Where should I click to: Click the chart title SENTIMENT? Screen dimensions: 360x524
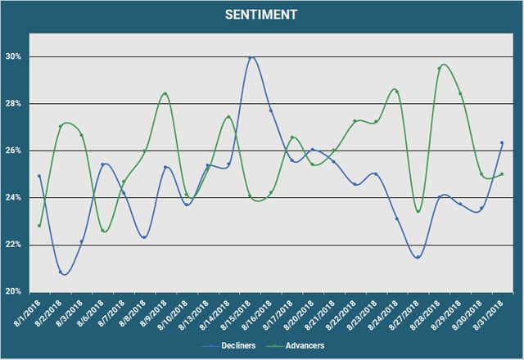(262, 15)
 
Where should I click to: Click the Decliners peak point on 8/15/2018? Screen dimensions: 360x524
(250, 58)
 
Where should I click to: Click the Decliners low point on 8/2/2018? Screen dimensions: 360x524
(61, 272)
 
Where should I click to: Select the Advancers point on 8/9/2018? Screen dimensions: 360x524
(165, 94)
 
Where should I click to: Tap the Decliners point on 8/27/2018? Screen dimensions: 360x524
(418, 257)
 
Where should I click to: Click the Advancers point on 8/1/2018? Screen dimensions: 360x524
(39, 226)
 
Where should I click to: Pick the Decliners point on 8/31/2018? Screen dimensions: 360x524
(501, 143)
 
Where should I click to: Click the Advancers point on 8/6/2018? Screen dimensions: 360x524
(102, 231)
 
